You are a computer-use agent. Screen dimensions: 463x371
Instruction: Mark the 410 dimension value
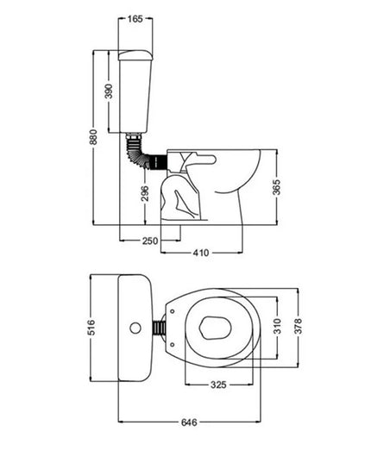(x=202, y=253)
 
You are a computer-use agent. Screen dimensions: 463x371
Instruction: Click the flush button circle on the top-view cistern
(x=135, y=328)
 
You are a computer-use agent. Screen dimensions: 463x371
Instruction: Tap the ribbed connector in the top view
(x=157, y=328)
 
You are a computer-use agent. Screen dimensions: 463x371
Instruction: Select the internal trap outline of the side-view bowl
(x=184, y=197)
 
